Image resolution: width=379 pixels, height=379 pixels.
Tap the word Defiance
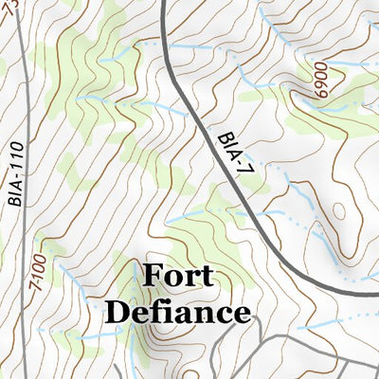click(177, 311)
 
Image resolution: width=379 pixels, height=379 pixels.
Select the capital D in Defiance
click(117, 311)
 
